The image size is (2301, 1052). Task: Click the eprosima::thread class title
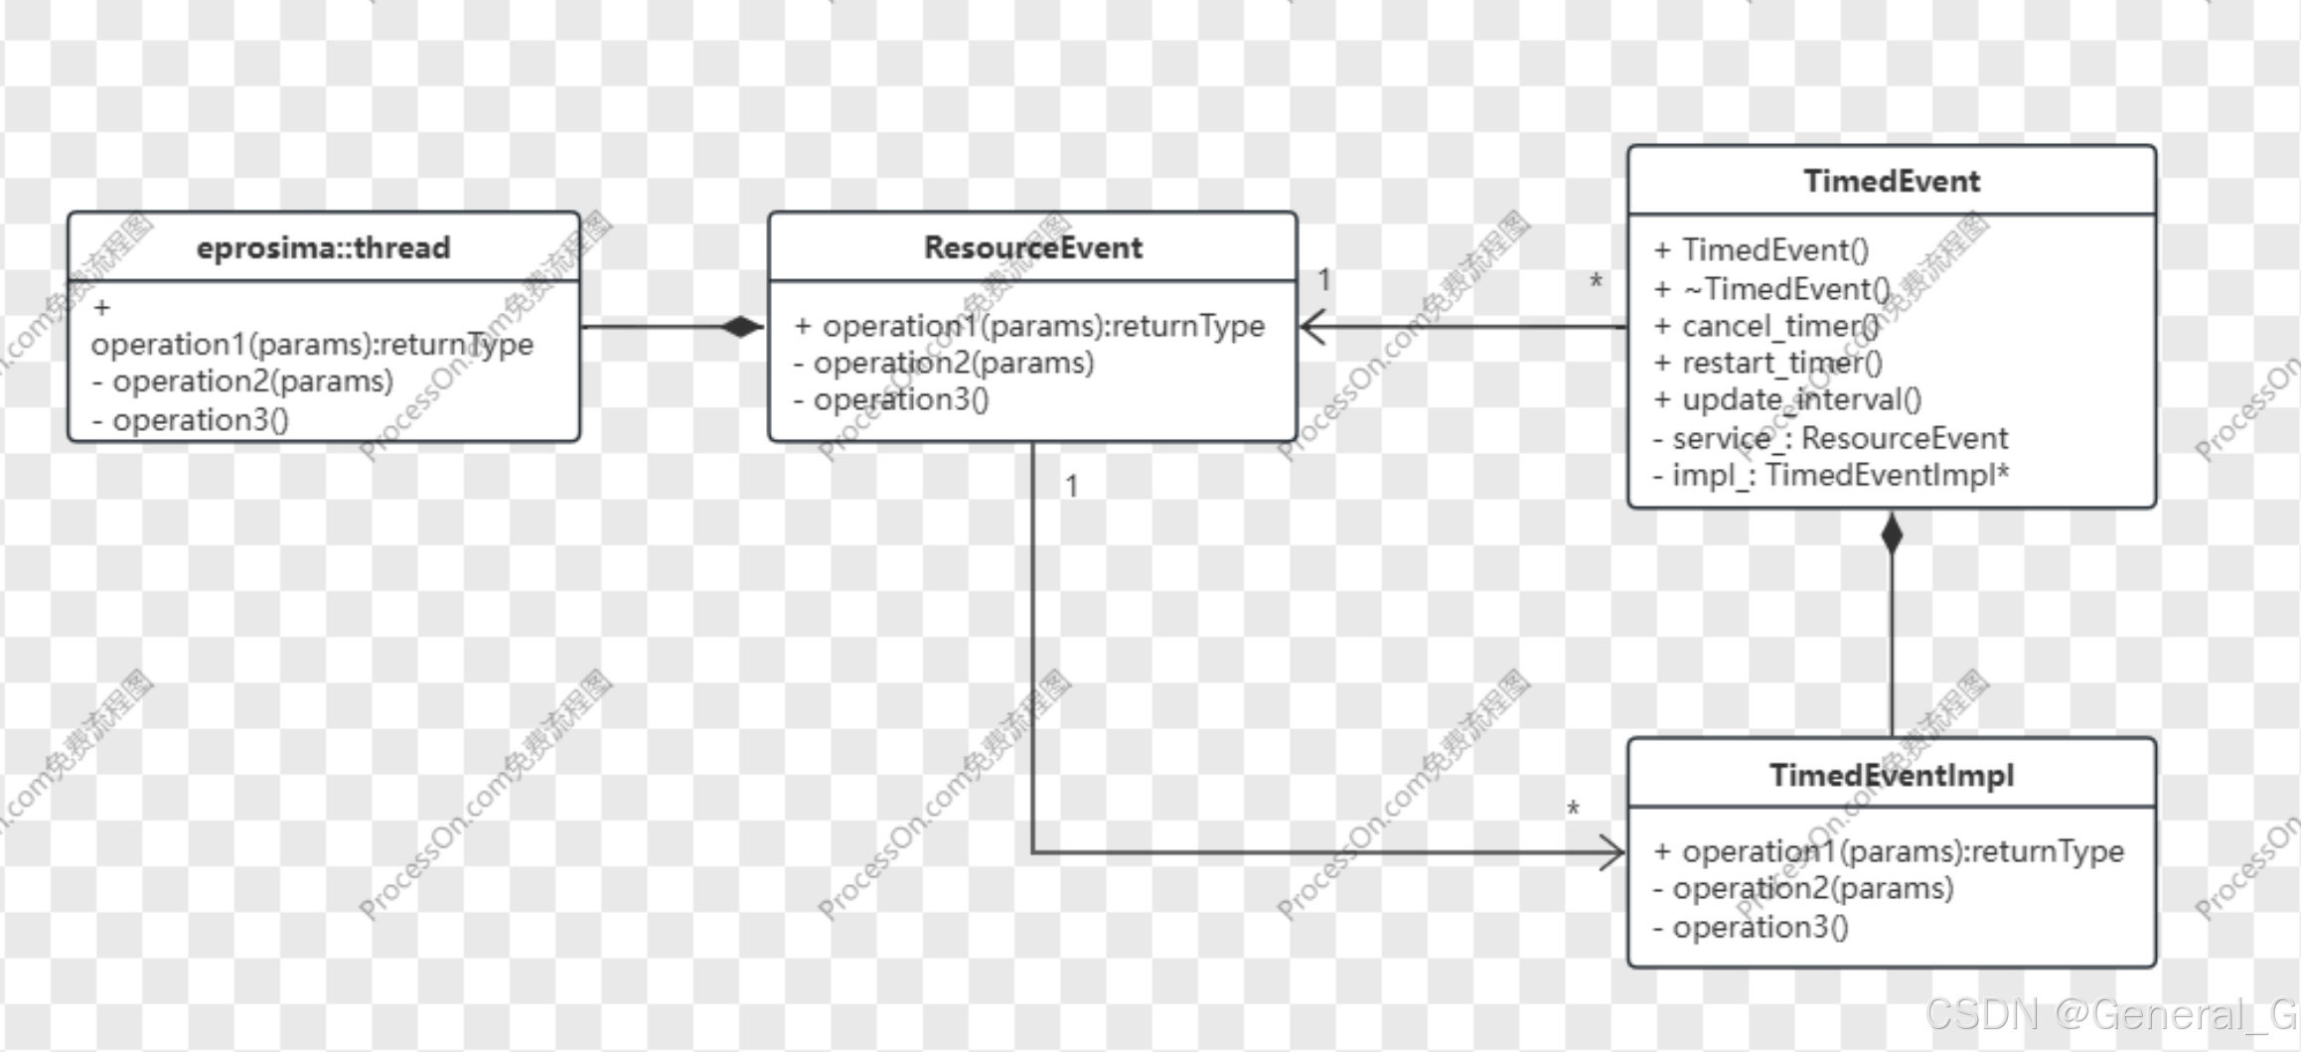[323, 247]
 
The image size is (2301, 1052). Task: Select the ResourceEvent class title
[1032, 247]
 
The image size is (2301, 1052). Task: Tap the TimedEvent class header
[1891, 181]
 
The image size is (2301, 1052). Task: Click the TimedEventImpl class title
[1891, 775]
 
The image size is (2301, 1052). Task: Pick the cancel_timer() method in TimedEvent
[1766, 326]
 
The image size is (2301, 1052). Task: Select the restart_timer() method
[1768, 363]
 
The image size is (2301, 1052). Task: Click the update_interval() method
[1787, 399]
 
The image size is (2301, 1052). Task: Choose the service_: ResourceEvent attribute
[1830, 438]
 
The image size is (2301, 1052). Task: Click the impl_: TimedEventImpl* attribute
[1830, 475]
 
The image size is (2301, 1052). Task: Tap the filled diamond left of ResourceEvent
[742, 326]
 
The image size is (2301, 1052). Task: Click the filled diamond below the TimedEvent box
[1892, 534]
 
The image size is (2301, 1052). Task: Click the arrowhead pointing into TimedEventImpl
[1611, 852]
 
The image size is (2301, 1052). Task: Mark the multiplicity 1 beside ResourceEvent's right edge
[1324, 280]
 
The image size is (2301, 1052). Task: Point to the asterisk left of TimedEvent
[1596, 283]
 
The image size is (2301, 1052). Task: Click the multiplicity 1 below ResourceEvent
[1071, 486]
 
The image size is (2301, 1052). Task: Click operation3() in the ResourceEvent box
[891, 399]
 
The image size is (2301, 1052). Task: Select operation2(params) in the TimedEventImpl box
[1803, 888]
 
